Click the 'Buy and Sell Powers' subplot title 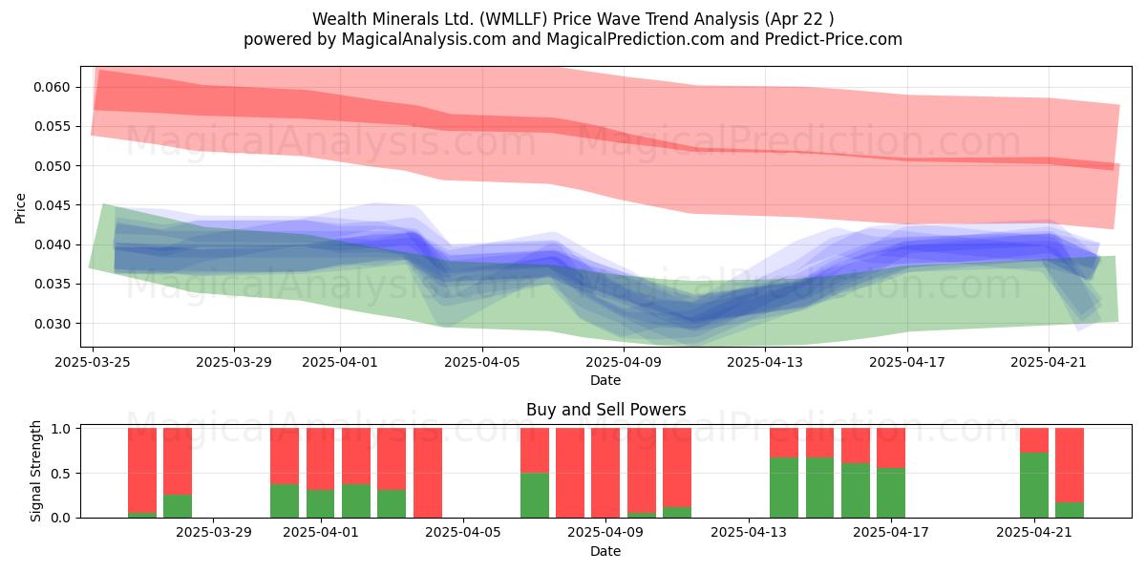[x=605, y=410]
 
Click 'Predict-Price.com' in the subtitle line [x=834, y=39]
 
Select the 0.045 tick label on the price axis [x=52, y=205]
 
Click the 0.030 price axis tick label [x=52, y=324]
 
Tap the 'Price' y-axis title [x=20, y=208]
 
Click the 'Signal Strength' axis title [x=35, y=471]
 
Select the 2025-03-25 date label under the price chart [x=93, y=362]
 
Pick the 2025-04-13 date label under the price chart [x=765, y=362]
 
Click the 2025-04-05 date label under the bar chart [x=463, y=533]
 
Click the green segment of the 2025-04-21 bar [x=1034, y=485]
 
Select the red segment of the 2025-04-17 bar [x=891, y=448]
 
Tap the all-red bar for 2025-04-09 [x=605, y=473]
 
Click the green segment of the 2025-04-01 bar [x=320, y=504]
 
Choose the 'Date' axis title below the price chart [x=605, y=380]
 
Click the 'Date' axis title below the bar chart [x=605, y=551]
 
